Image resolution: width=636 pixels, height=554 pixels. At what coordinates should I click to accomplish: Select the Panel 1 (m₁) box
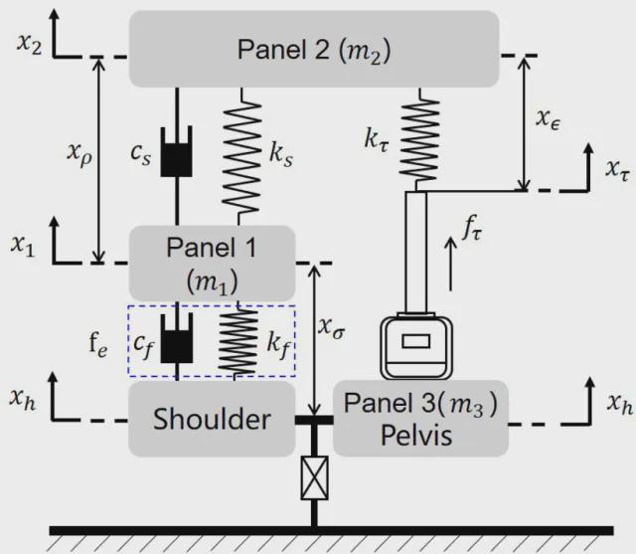[212, 261]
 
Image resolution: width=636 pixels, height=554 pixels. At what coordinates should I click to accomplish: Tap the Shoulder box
[212, 419]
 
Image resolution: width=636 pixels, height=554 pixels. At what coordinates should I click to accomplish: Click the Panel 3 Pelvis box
[419, 418]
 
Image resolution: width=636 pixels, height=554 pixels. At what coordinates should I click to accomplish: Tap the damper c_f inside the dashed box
[177, 342]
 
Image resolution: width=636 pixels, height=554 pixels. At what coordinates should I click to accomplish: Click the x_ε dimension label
[549, 120]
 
